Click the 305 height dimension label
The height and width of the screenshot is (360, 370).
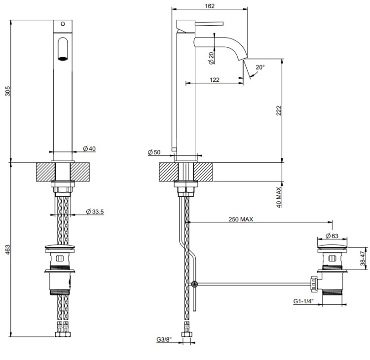point(6,91)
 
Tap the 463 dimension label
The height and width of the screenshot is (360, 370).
point(6,250)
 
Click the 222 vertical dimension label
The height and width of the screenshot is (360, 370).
point(279,111)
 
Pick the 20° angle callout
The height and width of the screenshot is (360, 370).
point(259,67)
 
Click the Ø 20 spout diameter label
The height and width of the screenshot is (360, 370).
point(211,58)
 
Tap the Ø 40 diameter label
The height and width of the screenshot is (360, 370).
point(89,148)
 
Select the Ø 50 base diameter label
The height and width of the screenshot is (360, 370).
point(154,152)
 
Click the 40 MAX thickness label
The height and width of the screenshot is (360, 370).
point(279,197)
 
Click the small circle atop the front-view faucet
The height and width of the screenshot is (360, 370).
point(63,23)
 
